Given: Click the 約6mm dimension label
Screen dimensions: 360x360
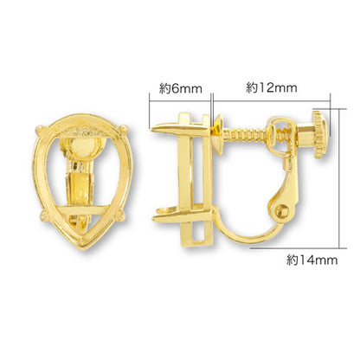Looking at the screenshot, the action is [x=181, y=88].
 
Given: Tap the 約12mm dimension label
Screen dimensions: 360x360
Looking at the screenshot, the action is [x=272, y=87].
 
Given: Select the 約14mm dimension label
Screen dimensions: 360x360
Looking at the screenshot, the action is [x=312, y=260].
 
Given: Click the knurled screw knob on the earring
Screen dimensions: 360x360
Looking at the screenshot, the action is [x=320, y=134].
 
